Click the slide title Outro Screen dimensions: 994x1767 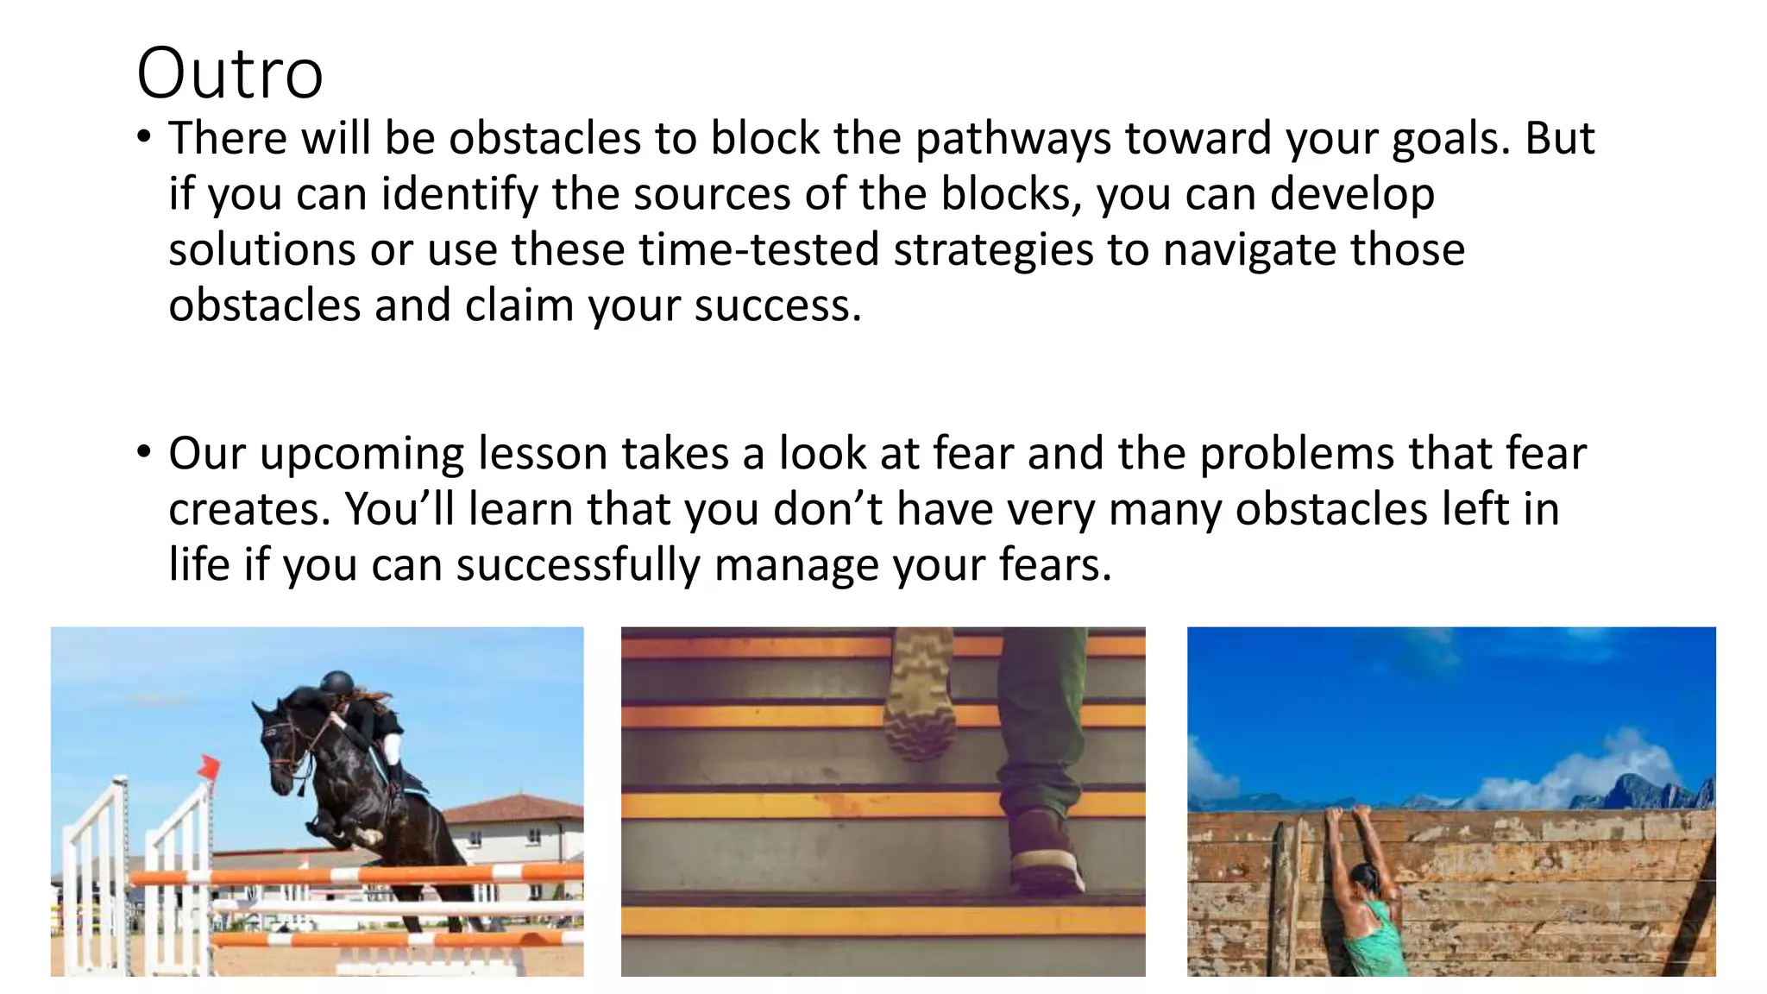(x=230, y=73)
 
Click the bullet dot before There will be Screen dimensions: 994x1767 (x=144, y=136)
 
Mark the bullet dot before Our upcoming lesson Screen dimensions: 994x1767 (x=144, y=451)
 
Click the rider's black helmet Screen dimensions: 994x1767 (x=336, y=683)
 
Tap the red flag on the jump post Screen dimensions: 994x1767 (x=208, y=765)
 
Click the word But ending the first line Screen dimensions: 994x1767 (x=1560, y=138)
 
